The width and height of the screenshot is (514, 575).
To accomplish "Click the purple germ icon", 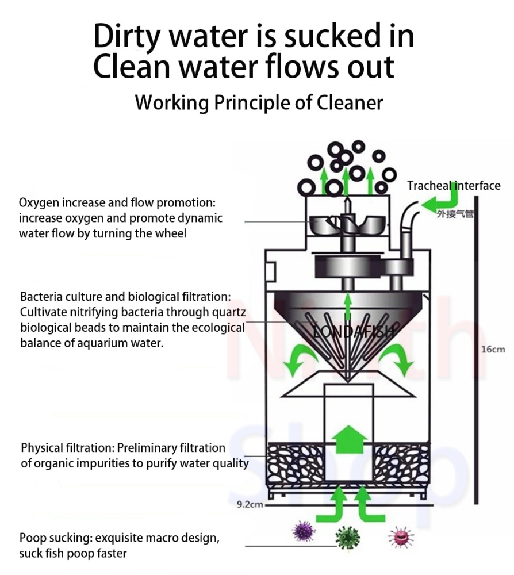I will pyautogui.click(x=304, y=531).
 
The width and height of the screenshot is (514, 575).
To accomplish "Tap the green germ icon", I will pyautogui.click(x=348, y=538).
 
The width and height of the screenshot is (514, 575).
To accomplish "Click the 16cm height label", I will pyautogui.click(x=493, y=350).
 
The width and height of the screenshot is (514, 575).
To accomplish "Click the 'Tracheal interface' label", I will pyautogui.click(x=454, y=185).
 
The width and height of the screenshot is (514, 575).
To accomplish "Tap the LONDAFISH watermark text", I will pyautogui.click(x=347, y=332).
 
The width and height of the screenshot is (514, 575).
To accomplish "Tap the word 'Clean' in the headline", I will pyautogui.click(x=126, y=67).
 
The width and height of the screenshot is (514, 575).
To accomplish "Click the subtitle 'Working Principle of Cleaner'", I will pyautogui.click(x=259, y=103).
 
